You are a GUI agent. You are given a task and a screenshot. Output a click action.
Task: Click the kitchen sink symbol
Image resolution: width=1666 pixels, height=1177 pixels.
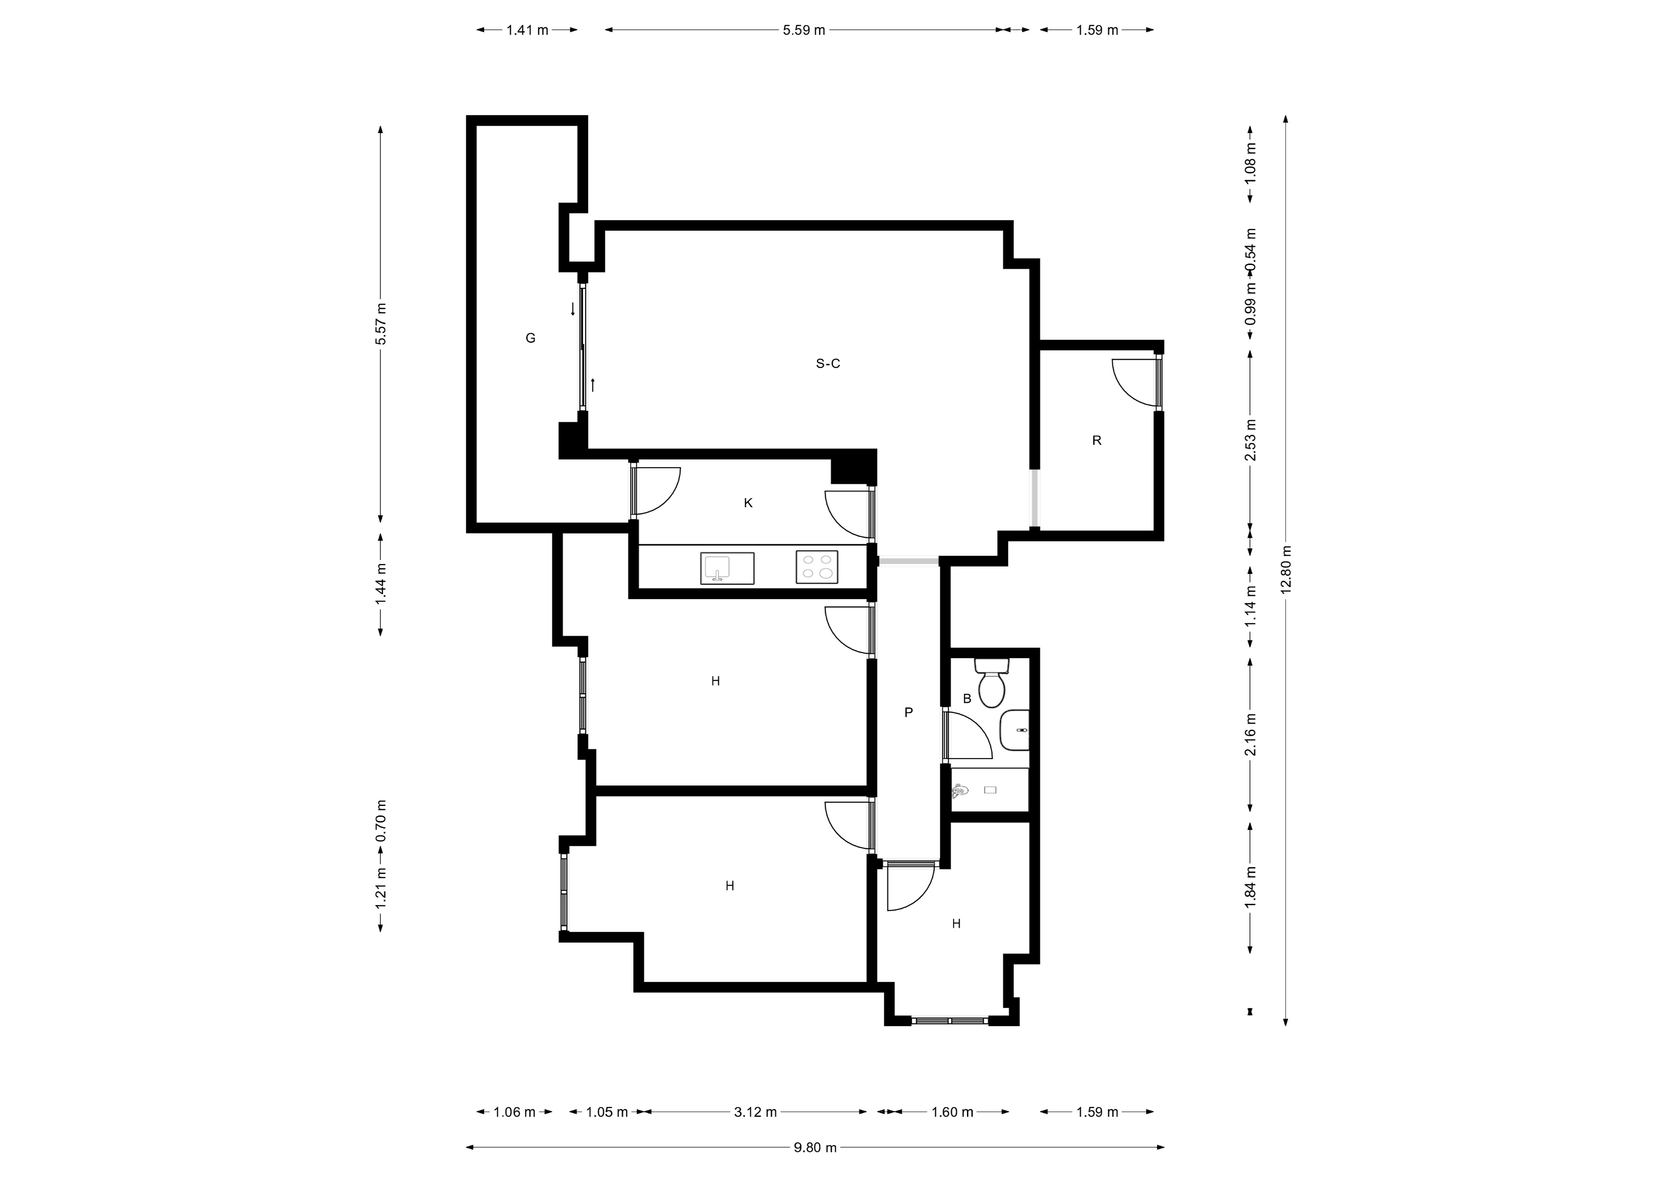coord(727,568)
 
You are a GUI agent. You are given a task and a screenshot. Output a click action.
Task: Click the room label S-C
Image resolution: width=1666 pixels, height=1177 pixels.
coord(828,363)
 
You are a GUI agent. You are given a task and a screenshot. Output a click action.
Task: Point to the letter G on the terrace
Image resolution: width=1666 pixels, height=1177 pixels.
coord(531,338)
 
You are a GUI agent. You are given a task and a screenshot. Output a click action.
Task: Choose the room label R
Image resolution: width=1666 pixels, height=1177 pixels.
coord(1097,440)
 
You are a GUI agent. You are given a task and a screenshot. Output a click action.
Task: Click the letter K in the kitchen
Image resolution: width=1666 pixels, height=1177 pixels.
coord(748,502)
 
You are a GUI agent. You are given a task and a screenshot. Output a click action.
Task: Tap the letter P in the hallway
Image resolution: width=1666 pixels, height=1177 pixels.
coord(908,712)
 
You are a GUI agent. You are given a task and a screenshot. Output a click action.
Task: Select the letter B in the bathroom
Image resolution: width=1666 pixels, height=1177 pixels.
coord(967,698)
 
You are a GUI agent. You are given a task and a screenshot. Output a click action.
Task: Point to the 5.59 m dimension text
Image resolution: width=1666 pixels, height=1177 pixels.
coord(804,30)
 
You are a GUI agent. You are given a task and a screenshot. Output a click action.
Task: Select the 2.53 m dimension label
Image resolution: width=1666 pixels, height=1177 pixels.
coord(1250,440)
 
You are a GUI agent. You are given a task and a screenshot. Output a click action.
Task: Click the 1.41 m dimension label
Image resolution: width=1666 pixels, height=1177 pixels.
coord(528,30)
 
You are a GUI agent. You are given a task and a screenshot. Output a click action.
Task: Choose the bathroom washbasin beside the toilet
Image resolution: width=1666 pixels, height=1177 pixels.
coord(1014,730)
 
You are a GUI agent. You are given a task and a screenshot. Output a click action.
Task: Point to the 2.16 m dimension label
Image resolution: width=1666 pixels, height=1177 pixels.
coord(1250,734)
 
